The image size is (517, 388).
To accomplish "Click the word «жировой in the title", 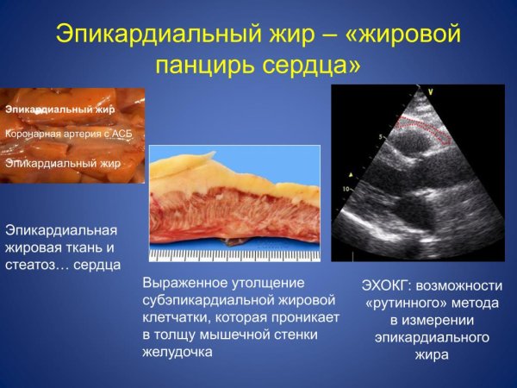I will coord(396,34).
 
